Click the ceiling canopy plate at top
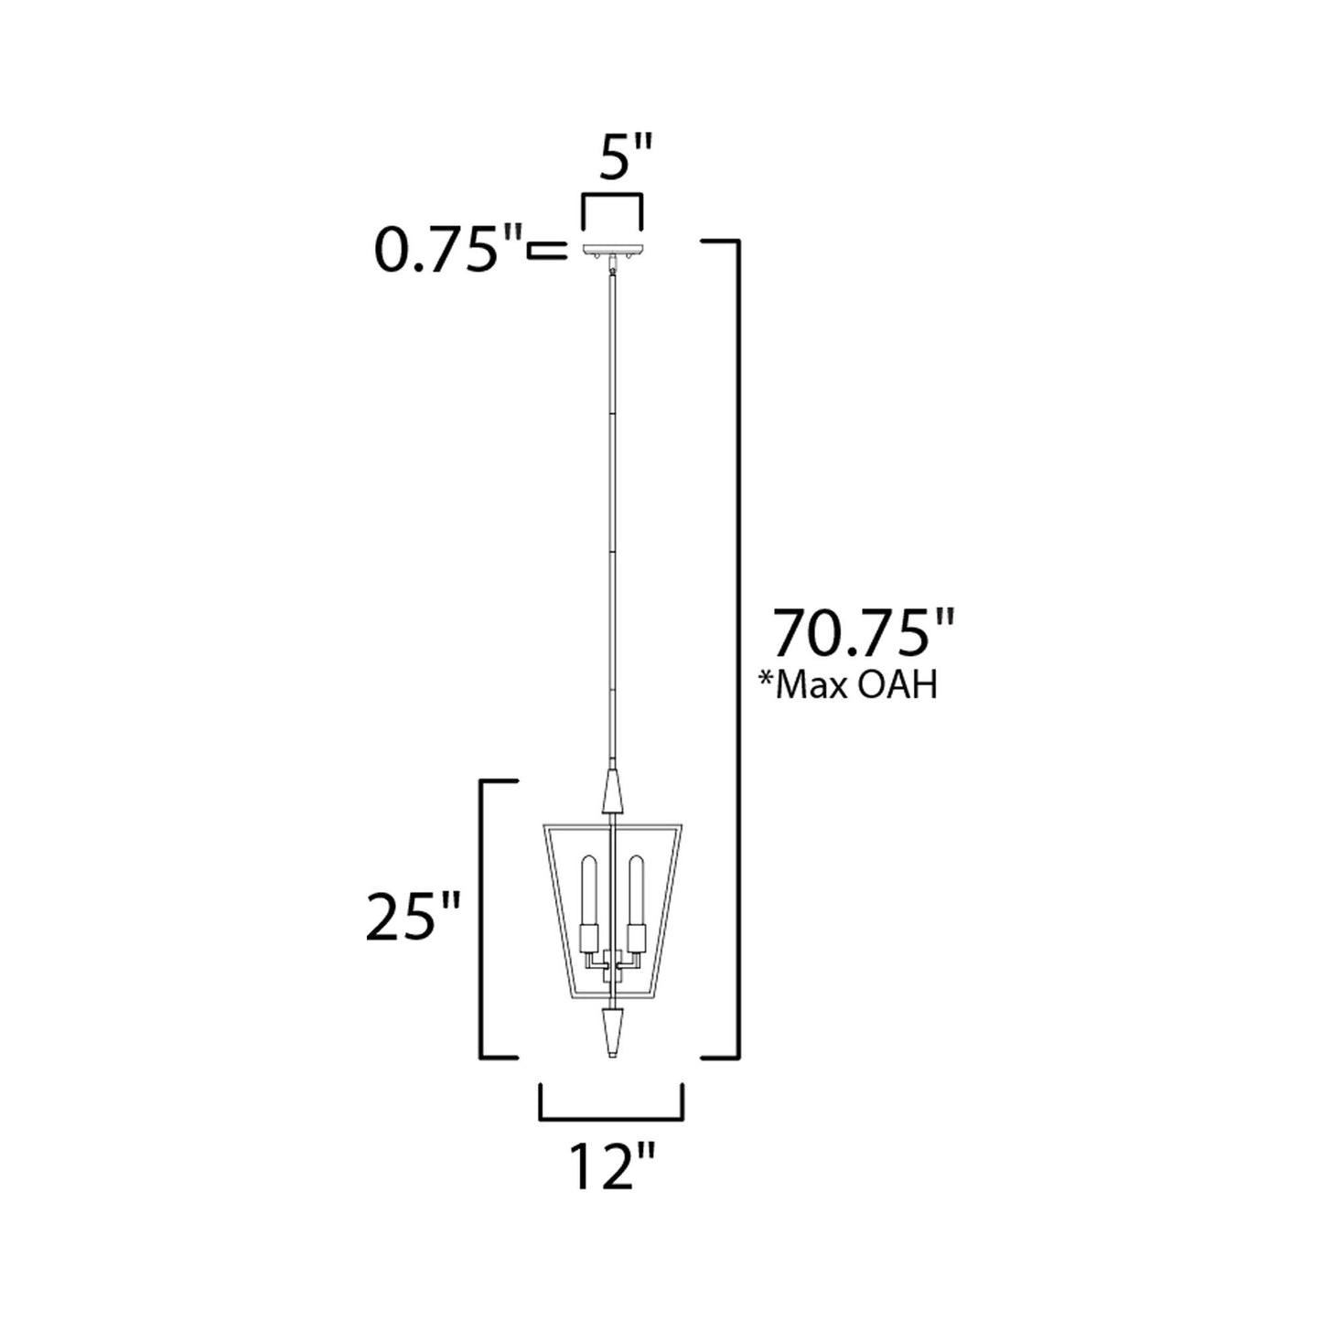pos(612,249)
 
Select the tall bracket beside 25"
pos(486,919)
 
